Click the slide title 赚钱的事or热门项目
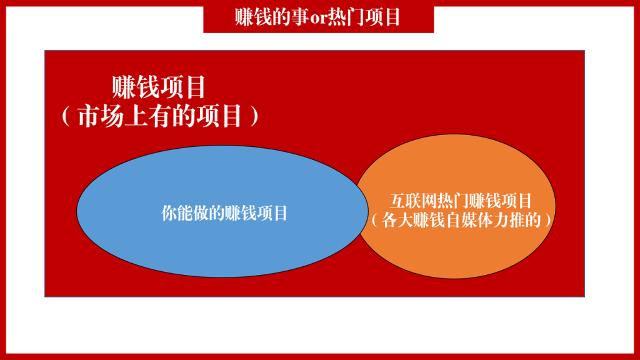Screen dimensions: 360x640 pyautogui.click(x=318, y=17)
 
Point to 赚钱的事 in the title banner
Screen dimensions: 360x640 pyautogui.click(x=269, y=17)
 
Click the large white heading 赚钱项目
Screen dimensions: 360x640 pyautogui.click(x=159, y=87)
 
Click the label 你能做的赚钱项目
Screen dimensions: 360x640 pyautogui.click(x=224, y=212)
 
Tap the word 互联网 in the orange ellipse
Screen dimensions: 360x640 pyautogui.click(x=412, y=201)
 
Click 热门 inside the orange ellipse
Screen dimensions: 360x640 pyautogui.click(x=452, y=201)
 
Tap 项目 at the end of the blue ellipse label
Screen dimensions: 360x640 pyautogui.click(x=274, y=212)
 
